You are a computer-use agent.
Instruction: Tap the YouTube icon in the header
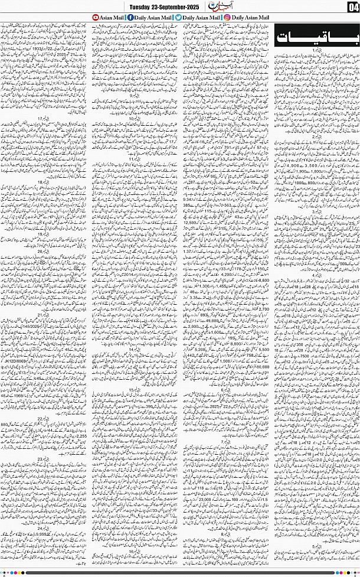point(94,18)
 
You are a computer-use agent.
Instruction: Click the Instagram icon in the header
point(227,18)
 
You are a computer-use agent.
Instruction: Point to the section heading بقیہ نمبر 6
point(225,390)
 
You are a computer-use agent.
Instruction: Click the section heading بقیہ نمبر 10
point(135,119)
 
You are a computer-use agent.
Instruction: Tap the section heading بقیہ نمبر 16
point(135,550)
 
